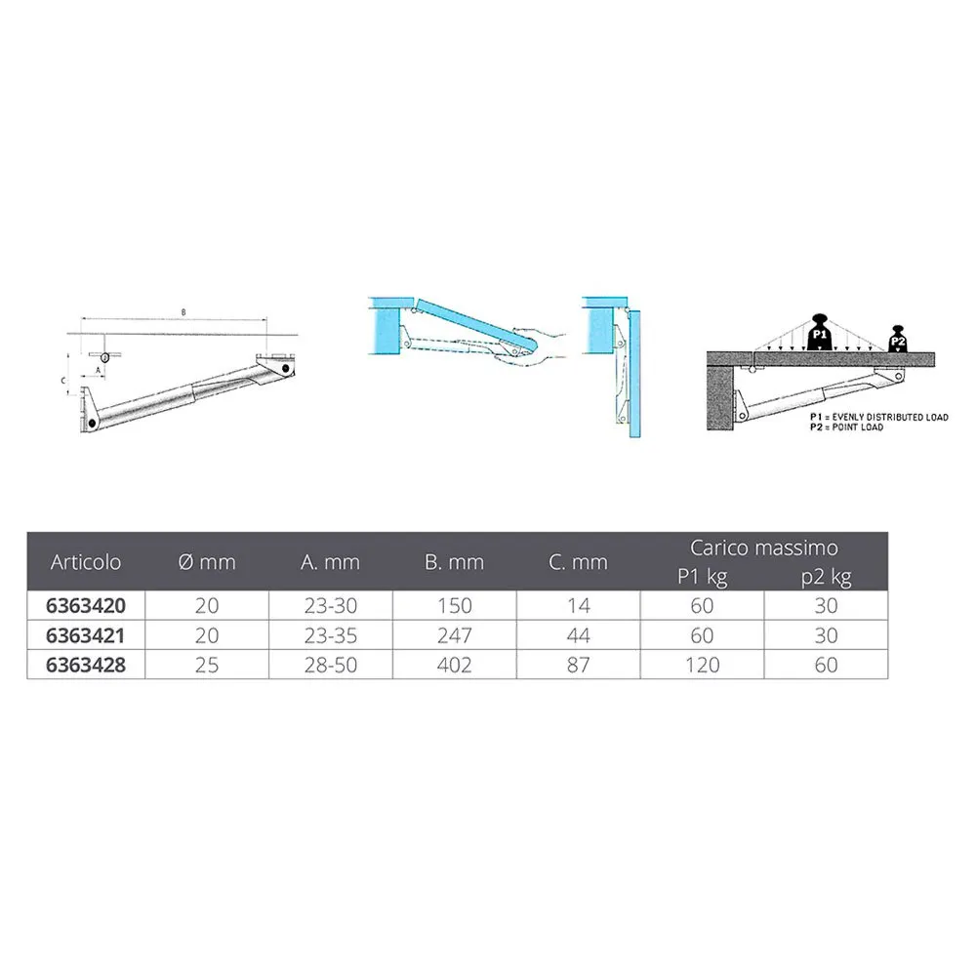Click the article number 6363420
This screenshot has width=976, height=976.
tap(86, 606)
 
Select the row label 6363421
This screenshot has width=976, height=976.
tap(85, 635)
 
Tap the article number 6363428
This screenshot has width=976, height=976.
tap(86, 665)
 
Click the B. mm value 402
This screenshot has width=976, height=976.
tap(455, 665)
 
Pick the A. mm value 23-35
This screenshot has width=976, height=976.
tap(331, 635)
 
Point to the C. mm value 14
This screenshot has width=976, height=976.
tap(578, 606)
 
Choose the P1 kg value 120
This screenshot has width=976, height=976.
tap(702, 665)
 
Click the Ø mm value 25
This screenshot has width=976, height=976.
tap(207, 665)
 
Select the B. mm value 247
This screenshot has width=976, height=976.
tap(455, 635)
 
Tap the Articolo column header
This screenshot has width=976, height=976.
tap(86, 562)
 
